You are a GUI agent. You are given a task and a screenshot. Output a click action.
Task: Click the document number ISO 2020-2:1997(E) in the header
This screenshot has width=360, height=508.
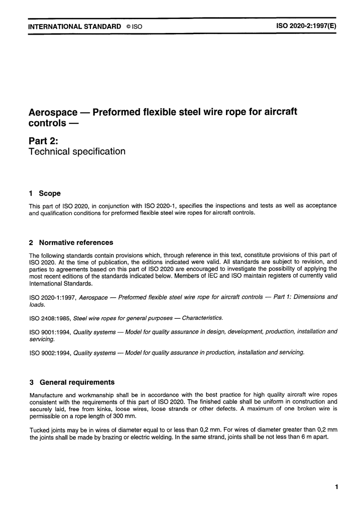306,26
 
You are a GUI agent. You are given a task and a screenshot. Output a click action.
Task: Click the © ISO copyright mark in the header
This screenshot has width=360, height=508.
135,27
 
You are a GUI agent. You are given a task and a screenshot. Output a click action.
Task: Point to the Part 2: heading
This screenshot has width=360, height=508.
43,141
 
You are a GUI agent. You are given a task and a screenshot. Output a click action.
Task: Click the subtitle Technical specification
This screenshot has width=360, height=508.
77,152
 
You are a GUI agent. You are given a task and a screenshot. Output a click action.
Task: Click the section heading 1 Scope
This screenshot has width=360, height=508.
45,193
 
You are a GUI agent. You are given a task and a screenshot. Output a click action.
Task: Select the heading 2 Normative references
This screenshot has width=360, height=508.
71,243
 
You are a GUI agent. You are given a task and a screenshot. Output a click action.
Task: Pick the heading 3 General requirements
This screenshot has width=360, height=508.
72,382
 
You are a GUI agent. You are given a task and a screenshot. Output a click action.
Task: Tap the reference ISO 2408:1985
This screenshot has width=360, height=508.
50,318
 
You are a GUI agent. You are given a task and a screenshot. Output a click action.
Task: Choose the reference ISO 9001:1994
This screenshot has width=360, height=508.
50,332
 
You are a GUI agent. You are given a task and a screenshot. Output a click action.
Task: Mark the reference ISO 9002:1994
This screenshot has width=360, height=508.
50,353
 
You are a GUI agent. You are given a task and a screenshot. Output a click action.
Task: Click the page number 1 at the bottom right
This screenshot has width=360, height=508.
336,487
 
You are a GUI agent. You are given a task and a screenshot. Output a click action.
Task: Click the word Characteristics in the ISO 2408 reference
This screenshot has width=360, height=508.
202,318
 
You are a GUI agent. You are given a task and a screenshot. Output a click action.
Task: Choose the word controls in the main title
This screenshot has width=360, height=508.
47,124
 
